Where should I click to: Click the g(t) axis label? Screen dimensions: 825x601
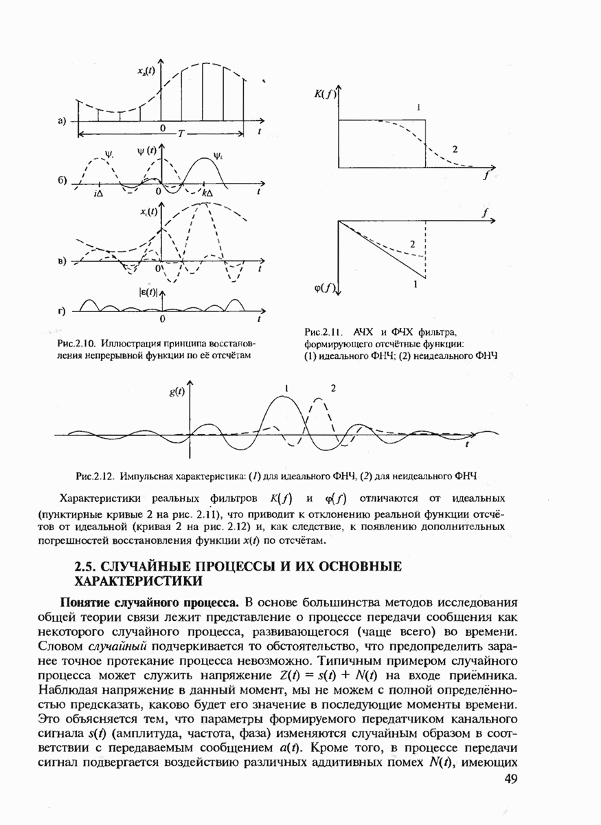177,393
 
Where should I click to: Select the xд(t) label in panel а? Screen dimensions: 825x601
146,71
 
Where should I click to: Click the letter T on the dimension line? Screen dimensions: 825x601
181,133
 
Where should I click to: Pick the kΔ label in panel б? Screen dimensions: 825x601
209,195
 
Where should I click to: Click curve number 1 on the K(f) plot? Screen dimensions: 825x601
418,107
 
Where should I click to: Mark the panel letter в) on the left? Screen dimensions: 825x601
62,262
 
